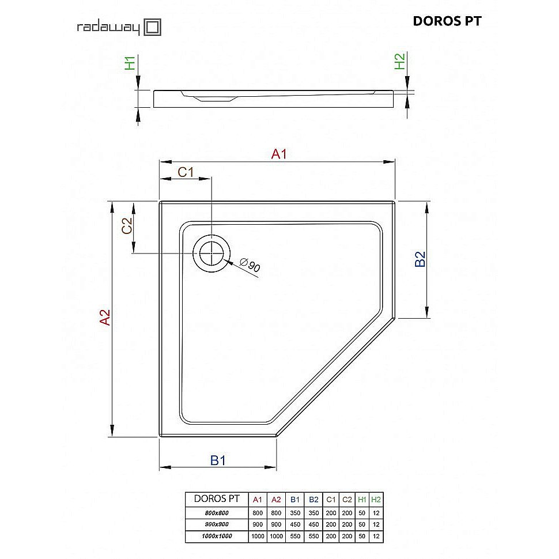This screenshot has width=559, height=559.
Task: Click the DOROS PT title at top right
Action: click(447, 21)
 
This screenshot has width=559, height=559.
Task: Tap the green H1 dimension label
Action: click(131, 62)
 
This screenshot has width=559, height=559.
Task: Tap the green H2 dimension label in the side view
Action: click(399, 61)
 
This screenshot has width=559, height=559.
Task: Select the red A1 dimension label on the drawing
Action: click(279, 154)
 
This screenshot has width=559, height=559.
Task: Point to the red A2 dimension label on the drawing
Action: click(104, 318)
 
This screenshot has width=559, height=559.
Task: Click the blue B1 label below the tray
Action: click(217, 460)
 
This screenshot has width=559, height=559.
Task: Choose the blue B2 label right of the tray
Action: click(420, 259)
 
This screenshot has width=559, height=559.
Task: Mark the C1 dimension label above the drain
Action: click(185, 171)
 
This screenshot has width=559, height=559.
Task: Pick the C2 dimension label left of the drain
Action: click(127, 225)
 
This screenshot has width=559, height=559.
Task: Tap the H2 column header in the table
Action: click(376, 500)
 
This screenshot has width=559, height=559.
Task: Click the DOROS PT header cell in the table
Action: click(216, 500)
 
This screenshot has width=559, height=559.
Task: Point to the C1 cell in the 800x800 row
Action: click(330, 513)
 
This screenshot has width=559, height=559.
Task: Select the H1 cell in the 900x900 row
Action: click(361, 524)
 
